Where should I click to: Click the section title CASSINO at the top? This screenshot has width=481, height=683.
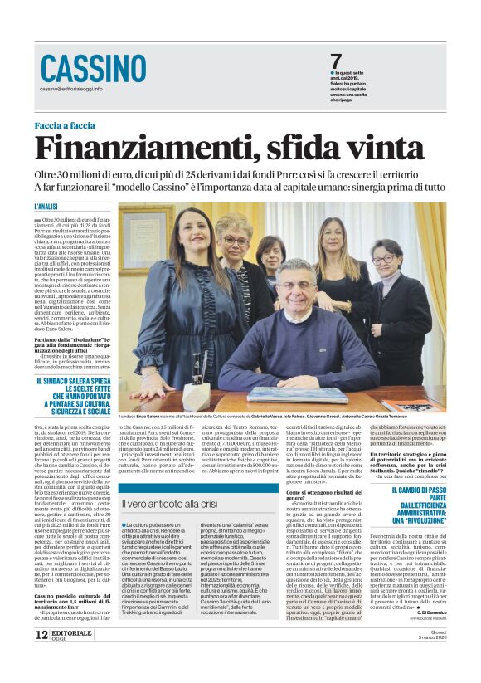pyautogui.click(x=94, y=68)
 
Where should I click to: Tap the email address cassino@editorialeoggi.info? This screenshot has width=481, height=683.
pyautogui.click(x=71, y=89)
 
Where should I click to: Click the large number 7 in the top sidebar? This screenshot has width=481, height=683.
pyautogui.click(x=336, y=61)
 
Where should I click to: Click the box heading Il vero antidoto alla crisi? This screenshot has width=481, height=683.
pyautogui.click(x=173, y=503)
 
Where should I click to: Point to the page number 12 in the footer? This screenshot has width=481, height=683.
pyautogui.click(x=41, y=656)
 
